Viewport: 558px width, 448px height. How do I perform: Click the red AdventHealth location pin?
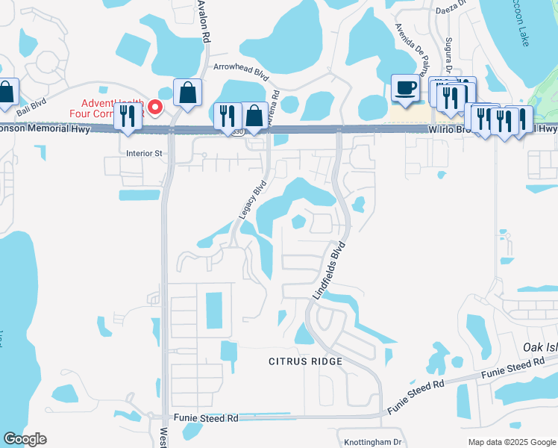(155, 108)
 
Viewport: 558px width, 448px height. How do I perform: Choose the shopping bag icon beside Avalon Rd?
(187, 95)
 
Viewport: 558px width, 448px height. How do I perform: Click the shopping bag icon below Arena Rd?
(254, 117)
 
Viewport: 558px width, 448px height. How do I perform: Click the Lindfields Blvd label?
(329, 270)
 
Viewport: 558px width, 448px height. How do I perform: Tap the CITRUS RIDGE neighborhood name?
(305, 361)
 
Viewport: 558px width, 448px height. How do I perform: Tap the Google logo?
(25, 439)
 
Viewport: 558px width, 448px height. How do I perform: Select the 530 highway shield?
(236, 131)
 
